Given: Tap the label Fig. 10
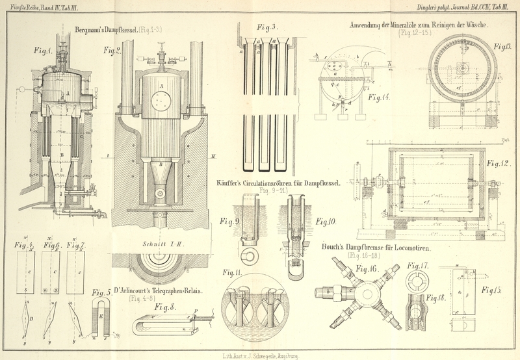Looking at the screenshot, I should point(326,221).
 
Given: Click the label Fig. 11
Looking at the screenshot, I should point(233,272).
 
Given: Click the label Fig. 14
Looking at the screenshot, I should point(380,97).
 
